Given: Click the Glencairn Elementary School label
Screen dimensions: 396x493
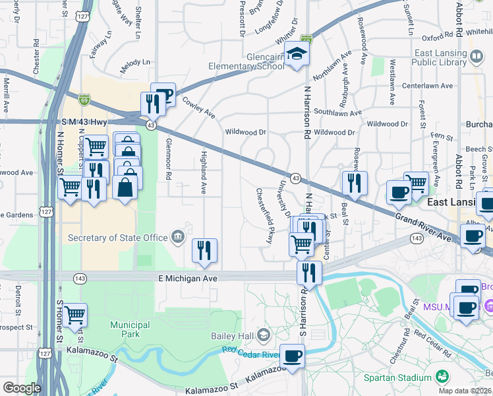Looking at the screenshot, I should [245, 61].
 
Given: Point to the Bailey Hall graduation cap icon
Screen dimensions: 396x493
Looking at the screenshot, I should [264, 336].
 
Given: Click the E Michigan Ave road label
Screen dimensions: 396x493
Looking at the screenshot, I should [188, 279].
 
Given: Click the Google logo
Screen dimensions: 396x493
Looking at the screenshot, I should [22, 388].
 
